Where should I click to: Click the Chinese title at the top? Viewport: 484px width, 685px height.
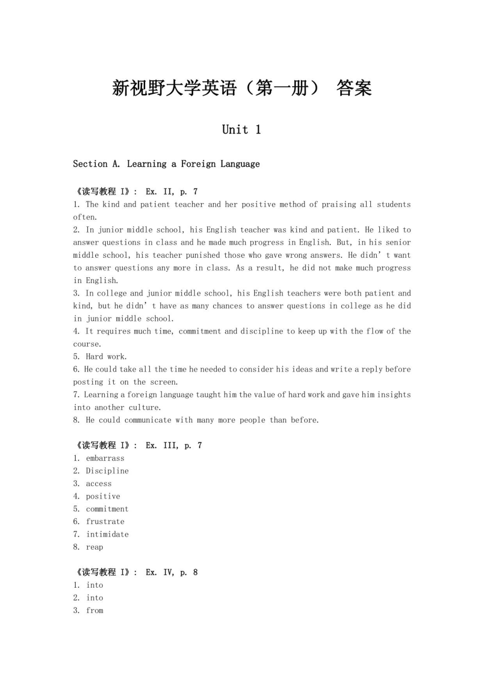241,88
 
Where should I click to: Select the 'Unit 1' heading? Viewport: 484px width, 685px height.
241,129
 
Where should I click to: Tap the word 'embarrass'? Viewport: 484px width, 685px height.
105,458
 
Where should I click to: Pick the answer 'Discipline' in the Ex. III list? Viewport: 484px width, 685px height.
107,471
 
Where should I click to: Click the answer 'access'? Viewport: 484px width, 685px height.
99,483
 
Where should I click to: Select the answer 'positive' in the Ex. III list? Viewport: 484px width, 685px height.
103,496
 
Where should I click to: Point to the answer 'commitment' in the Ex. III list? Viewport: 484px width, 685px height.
107,509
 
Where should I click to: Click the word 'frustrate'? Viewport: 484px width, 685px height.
105,521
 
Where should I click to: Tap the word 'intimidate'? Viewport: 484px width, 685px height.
107,534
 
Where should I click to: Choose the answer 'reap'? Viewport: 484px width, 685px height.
95,547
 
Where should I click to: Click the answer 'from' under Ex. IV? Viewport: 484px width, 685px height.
95,610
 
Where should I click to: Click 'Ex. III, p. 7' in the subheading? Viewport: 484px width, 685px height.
174,446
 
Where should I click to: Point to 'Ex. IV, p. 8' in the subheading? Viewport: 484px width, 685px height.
172,572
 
